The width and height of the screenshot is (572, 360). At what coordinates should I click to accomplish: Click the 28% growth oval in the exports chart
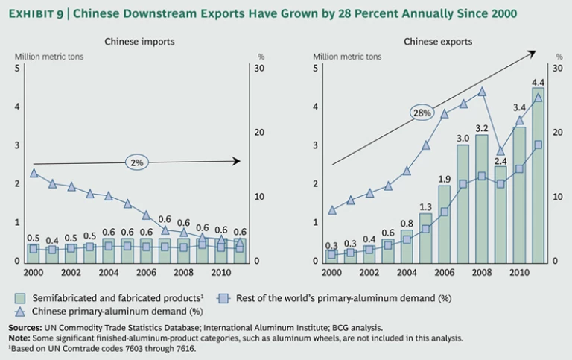(422, 113)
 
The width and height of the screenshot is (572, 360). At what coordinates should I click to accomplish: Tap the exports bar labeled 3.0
(463, 203)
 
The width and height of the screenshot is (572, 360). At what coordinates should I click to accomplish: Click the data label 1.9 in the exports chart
(444, 179)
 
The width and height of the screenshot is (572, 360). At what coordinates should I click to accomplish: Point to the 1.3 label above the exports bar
(425, 206)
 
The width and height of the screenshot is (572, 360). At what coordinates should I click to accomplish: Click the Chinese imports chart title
(139, 42)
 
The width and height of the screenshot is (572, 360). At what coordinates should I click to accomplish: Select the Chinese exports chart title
(438, 42)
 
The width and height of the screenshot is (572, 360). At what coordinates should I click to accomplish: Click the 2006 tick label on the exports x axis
(444, 273)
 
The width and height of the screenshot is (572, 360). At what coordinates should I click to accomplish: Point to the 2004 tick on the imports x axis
(109, 273)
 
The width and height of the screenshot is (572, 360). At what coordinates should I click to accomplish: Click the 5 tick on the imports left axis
(17, 68)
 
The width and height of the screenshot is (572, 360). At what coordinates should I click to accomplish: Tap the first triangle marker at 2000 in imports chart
(34, 173)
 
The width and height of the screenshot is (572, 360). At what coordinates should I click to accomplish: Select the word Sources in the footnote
(28, 328)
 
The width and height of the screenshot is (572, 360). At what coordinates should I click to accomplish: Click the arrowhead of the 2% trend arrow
(236, 160)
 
